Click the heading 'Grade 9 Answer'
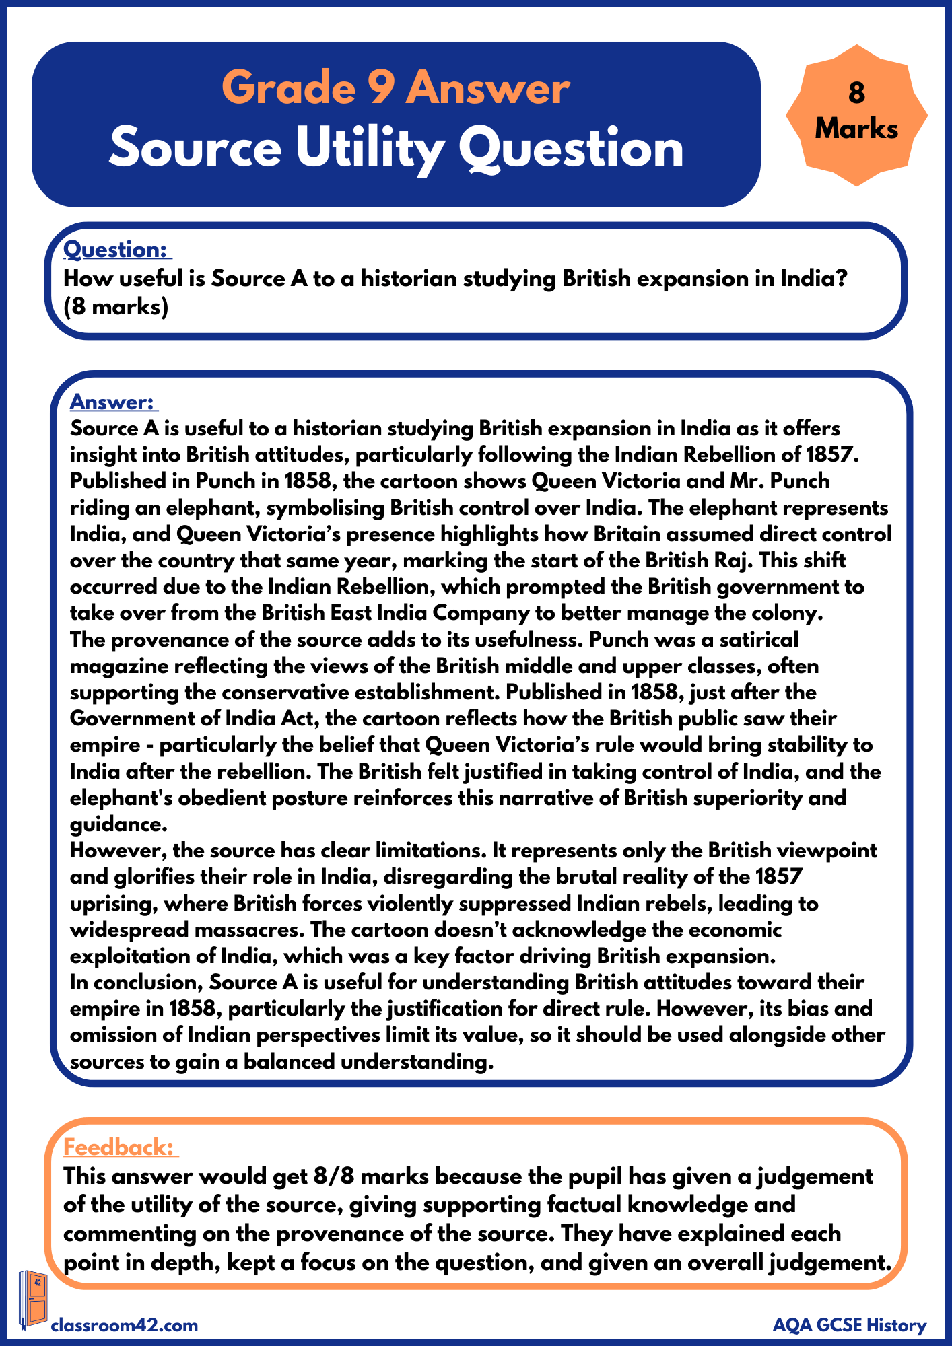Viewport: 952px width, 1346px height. (x=396, y=88)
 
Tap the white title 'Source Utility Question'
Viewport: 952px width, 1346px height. (x=396, y=148)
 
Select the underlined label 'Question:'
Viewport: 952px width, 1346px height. (x=116, y=250)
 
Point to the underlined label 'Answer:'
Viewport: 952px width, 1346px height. (x=112, y=402)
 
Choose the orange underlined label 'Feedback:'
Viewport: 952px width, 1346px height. (x=119, y=1147)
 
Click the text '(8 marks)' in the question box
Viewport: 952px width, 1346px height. (x=116, y=307)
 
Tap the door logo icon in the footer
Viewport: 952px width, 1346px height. (x=33, y=1300)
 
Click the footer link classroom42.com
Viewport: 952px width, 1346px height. (x=125, y=1325)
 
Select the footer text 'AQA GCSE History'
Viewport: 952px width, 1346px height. (x=850, y=1325)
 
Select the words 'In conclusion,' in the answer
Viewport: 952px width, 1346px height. (x=136, y=983)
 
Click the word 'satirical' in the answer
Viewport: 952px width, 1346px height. (x=759, y=639)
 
